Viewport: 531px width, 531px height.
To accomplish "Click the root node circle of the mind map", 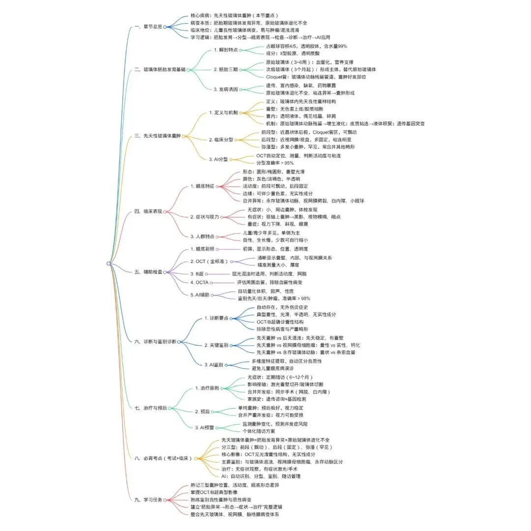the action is [x=108, y=264].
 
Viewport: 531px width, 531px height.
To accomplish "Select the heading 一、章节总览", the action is [x=148, y=27].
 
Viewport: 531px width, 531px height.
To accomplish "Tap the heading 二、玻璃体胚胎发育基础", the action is [x=160, y=70].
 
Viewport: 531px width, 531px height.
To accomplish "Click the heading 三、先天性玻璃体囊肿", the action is [x=157, y=136].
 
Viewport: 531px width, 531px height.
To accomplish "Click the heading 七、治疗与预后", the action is [x=150, y=408].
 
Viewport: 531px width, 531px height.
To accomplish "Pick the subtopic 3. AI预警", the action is [x=207, y=427].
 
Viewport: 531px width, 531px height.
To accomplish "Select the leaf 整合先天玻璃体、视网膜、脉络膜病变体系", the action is [x=236, y=515].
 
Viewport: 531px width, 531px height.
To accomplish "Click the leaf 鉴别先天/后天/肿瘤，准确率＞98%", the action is [x=274, y=298].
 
